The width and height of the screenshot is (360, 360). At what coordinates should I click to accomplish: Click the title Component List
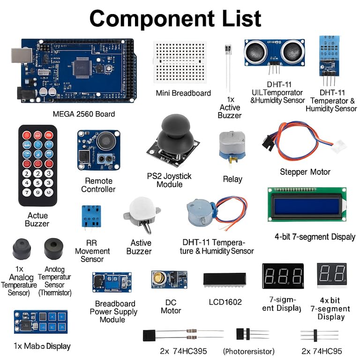pyautogui.click(x=175, y=19)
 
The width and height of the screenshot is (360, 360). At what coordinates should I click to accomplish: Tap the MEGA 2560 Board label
pyautogui.click(x=83, y=114)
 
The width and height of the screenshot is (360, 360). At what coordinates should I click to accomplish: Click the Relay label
pyautogui.click(x=232, y=179)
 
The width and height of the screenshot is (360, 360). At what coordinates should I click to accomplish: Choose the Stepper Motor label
pyautogui.click(x=305, y=172)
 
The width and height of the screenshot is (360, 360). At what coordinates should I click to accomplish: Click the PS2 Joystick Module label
pyautogui.click(x=169, y=180)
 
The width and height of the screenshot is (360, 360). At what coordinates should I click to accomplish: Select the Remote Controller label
pyautogui.click(x=98, y=185)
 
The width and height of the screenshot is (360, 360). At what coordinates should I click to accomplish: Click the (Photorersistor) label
pyautogui.click(x=248, y=351)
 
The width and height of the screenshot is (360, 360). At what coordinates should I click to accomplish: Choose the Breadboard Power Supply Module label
pyautogui.click(x=113, y=311)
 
